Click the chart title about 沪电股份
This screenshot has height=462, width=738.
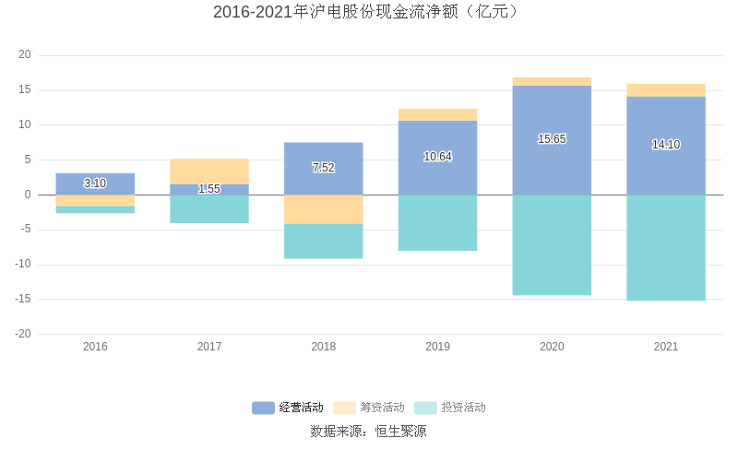pos(368,12)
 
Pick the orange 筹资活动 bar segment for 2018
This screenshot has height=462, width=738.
pos(323,209)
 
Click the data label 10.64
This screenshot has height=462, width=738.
pos(438,157)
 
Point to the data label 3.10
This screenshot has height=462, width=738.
pos(95,184)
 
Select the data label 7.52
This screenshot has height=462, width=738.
pos(323,168)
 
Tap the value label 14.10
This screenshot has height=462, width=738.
pos(666,145)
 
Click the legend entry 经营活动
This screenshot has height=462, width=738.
pos(289,408)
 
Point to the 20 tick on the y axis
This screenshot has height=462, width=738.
pos(25,55)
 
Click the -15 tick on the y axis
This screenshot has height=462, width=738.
pos(23,299)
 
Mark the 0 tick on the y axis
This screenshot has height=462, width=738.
pos(28,195)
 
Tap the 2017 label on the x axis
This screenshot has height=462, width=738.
pos(209,347)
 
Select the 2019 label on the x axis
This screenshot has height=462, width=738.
pos(438,347)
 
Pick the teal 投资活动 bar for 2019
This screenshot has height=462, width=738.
pos(438,222)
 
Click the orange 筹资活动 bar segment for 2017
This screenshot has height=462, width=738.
pos(209,172)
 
